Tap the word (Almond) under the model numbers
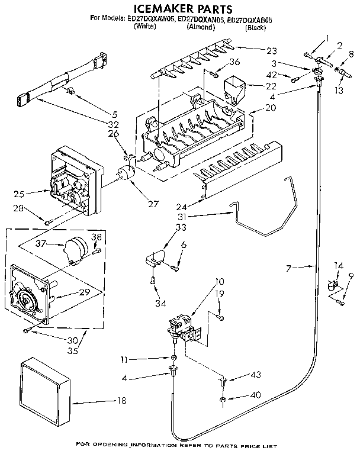tap(200, 27)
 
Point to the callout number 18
tap(121, 401)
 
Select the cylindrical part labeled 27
tap(125, 176)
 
